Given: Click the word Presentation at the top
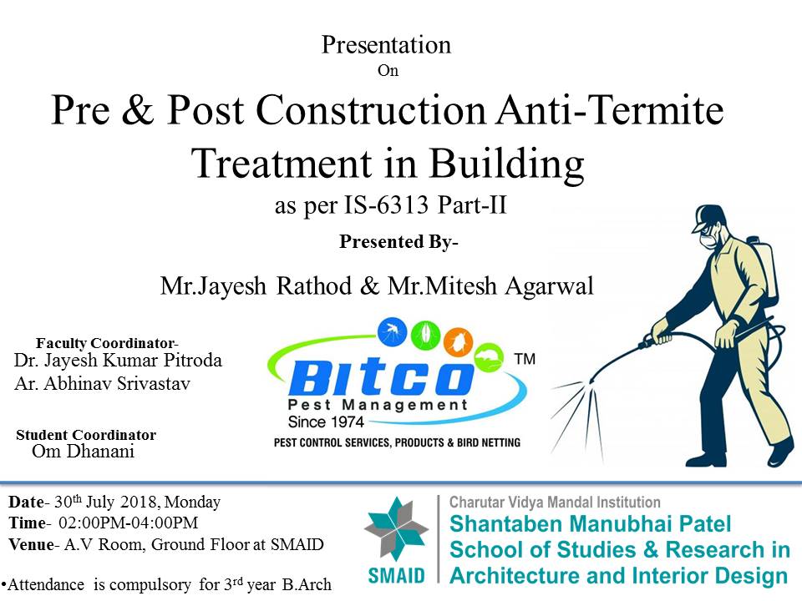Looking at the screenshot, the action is click(x=386, y=45).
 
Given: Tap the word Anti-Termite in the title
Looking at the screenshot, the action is click(x=610, y=109).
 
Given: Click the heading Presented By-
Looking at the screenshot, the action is click(x=398, y=241).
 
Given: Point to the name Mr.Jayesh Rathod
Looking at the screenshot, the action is click(x=256, y=285).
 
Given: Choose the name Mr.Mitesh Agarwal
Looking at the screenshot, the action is click(x=491, y=285).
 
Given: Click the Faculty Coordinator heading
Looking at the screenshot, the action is click(x=107, y=343).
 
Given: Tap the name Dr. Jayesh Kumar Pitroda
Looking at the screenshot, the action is click(x=118, y=361).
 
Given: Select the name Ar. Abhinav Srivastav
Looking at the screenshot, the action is click(x=102, y=383).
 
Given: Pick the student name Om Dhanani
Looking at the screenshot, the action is click(x=83, y=452).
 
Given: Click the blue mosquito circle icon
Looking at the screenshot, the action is click(x=393, y=331).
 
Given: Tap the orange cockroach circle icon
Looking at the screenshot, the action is click(x=458, y=342).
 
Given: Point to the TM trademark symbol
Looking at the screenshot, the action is click(x=525, y=359).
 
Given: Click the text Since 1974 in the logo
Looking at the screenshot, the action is click(x=326, y=422).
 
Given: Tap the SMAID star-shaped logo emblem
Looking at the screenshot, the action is click(x=396, y=528).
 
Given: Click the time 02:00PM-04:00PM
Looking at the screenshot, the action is click(x=129, y=523).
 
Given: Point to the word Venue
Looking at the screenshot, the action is click(x=31, y=544).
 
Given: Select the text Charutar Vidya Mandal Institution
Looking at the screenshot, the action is click(x=555, y=503).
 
